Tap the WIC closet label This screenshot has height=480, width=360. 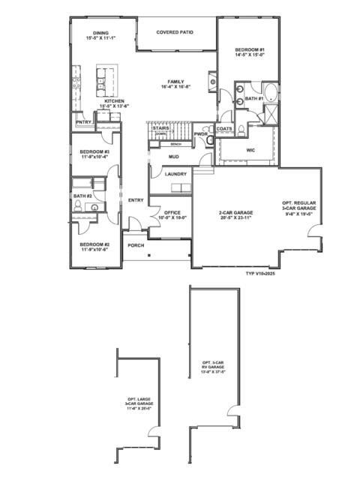coord(252,149)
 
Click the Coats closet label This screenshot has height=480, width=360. coord(224,128)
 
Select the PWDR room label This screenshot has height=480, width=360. coord(201,134)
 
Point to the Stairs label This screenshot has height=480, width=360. coord(160,129)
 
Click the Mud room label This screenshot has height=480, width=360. coord(173,157)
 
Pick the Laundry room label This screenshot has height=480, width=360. coord(175,175)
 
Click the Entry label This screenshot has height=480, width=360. coord(136,200)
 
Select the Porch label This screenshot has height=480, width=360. coord(136,245)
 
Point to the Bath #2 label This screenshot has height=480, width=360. coord(82,196)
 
